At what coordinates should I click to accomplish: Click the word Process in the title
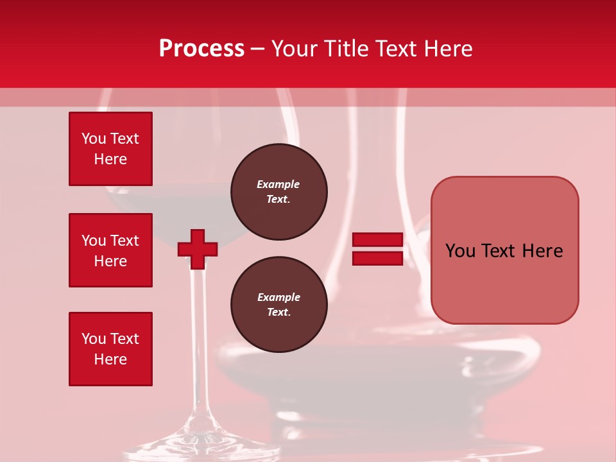(x=201, y=49)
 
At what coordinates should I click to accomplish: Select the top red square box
(x=110, y=149)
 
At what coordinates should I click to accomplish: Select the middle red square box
(x=110, y=250)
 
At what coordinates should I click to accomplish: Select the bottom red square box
(x=110, y=349)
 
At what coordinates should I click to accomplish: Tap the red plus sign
(x=198, y=249)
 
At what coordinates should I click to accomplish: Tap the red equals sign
(x=377, y=249)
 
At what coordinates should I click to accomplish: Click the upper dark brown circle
(x=279, y=192)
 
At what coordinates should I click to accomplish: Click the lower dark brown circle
(x=279, y=305)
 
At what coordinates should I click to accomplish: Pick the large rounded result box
(x=504, y=250)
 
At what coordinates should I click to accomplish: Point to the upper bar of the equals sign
(x=377, y=240)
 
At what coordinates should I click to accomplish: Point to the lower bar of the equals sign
(x=377, y=258)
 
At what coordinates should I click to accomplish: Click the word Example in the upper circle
(x=278, y=184)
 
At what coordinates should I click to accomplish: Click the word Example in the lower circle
(x=278, y=297)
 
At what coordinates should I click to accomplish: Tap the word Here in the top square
(x=110, y=159)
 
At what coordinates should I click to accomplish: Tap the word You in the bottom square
(x=94, y=339)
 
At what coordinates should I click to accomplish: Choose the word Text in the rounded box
(x=499, y=251)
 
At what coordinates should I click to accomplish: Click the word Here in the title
(x=447, y=49)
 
